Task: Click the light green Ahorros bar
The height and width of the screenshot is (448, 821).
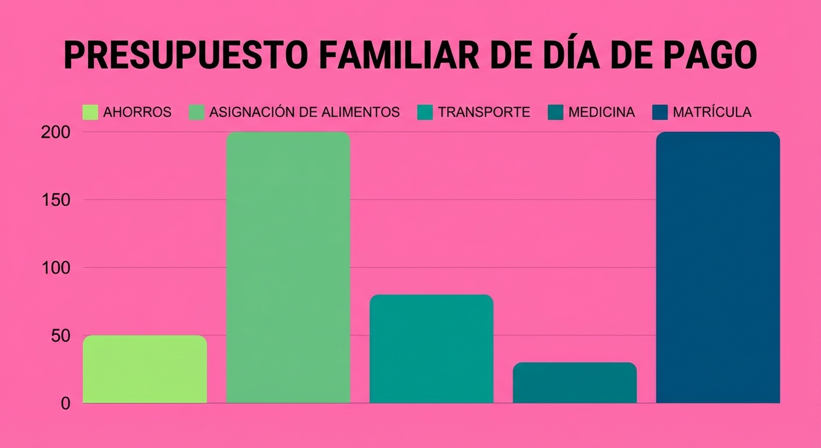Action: pyautogui.click(x=145, y=369)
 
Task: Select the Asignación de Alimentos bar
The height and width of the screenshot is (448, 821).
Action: pyautogui.click(x=288, y=267)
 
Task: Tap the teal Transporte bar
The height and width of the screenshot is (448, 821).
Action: pyautogui.click(x=431, y=349)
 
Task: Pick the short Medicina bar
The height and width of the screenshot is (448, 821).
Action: pyautogui.click(x=574, y=383)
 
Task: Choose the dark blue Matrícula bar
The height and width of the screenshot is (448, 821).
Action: pyautogui.click(x=718, y=267)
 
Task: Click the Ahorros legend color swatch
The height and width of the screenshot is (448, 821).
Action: pyautogui.click(x=90, y=113)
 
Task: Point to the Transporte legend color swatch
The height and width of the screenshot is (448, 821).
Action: pyautogui.click(x=426, y=113)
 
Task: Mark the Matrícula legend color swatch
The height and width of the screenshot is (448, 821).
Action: pyautogui.click(x=659, y=113)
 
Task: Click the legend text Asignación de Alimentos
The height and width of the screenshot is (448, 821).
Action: pyautogui.click(x=304, y=113)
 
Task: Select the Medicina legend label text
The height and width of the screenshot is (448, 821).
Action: pyautogui.click(x=601, y=113)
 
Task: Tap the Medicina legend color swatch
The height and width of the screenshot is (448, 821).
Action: pyautogui.click(x=556, y=113)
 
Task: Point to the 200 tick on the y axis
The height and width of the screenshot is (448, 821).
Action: pyautogui.click(x=55, y=132)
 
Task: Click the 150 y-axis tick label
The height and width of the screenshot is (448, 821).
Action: pyautogui.click(x=55, y=200)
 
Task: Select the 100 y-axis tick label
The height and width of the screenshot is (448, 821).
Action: pyautogui.click(x=55, y=268)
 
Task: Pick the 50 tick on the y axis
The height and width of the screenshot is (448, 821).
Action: pyautogui.click(x=60, y=336)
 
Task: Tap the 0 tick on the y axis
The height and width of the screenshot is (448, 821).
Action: pyautogui.click(x=65, y=404)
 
